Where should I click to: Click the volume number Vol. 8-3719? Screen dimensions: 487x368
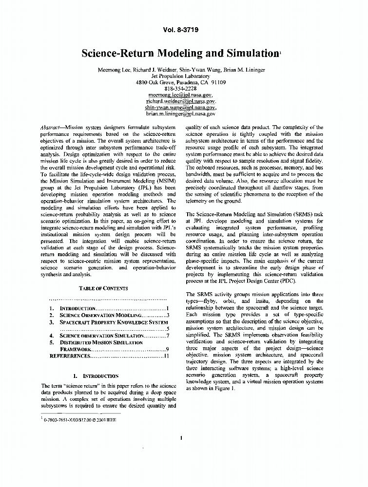181,30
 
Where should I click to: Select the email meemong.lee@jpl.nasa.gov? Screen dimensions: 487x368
180,95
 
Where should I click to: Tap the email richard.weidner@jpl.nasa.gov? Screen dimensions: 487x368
180,101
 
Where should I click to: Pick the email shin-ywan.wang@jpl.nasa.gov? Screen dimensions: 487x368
180,107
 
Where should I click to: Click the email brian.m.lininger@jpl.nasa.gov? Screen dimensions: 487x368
180,113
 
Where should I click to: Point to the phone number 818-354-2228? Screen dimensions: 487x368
180,89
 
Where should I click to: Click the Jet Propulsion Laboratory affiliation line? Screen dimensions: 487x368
180,76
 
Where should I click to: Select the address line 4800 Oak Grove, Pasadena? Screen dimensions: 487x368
180,82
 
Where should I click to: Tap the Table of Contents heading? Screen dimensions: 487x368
103,288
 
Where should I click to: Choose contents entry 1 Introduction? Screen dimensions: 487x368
77,309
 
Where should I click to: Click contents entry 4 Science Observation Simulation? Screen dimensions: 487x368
101,336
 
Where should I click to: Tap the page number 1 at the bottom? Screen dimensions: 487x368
181,437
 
